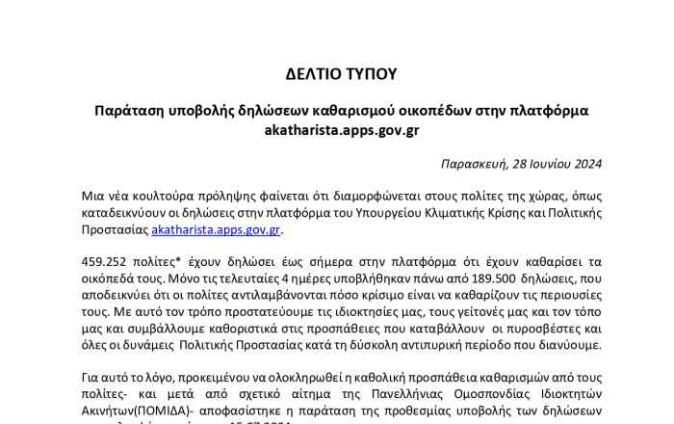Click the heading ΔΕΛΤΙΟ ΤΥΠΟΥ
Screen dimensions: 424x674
[342, 74]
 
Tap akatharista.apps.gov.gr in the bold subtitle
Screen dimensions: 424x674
[342, 131]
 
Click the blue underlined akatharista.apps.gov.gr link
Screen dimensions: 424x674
[216, 230]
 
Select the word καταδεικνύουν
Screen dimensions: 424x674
[126, 214]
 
